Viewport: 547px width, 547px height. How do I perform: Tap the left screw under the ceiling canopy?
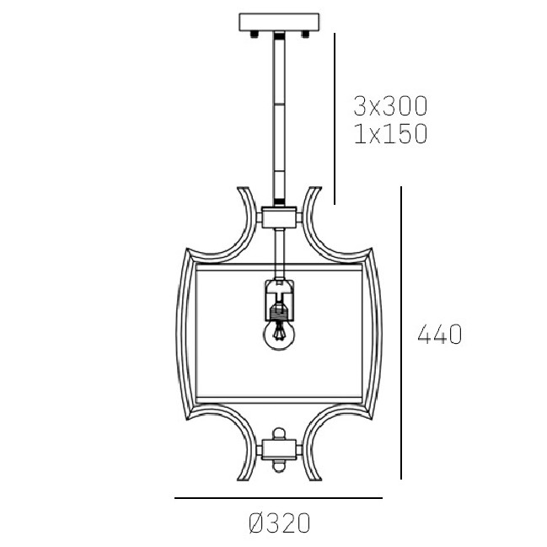pos(253,34)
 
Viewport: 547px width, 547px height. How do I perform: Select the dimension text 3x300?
pos(390,106)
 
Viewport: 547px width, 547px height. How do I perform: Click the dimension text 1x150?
pos(390,133)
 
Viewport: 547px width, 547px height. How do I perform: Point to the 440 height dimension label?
pos(440,335)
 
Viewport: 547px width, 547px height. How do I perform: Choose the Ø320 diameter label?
pos(280,523)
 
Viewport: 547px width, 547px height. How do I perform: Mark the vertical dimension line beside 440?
pos(401,333)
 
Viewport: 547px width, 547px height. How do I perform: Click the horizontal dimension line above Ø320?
pos(280,499)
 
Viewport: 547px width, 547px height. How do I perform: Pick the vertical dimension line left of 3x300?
pos(335,118)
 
